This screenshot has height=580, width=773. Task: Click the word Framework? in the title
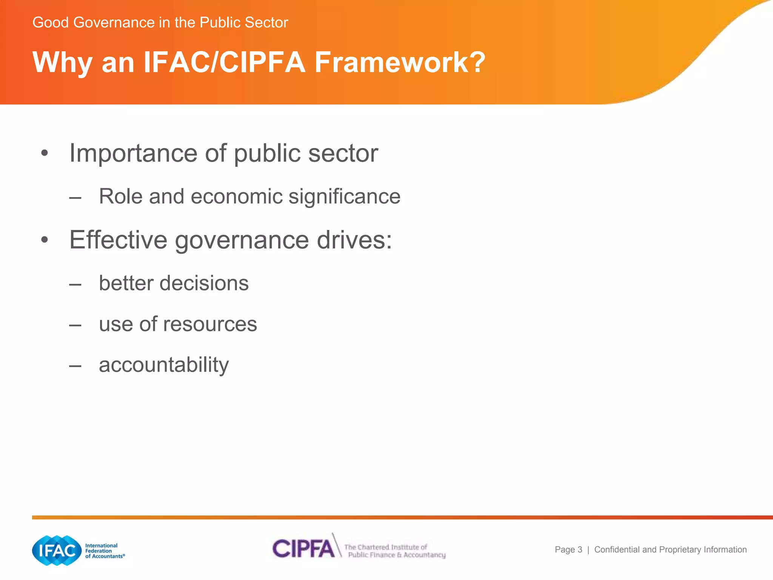400,62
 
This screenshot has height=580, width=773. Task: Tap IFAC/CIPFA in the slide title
224,62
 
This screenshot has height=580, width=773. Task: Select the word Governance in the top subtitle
114,23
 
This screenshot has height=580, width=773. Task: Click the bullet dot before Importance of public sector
45,153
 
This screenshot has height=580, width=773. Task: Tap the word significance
344,197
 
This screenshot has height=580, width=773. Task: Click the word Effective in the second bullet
118,240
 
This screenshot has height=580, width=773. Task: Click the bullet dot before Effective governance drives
45,240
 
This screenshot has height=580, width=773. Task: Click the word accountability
164,365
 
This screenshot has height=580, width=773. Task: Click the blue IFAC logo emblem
57,551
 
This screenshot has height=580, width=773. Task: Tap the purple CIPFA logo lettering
303,549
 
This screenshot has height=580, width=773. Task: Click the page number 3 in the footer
580,550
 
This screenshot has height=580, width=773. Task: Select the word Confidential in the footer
617,550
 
